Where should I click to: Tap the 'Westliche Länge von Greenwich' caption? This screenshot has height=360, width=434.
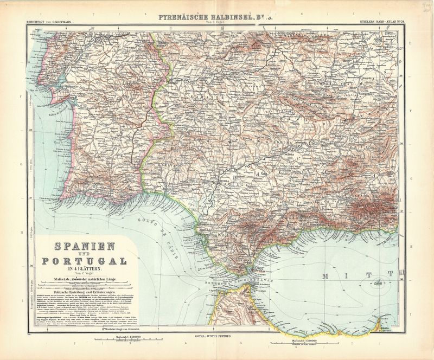click(x=108, y=330)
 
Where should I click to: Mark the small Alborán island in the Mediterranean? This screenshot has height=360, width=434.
click(x=376, y=281)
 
